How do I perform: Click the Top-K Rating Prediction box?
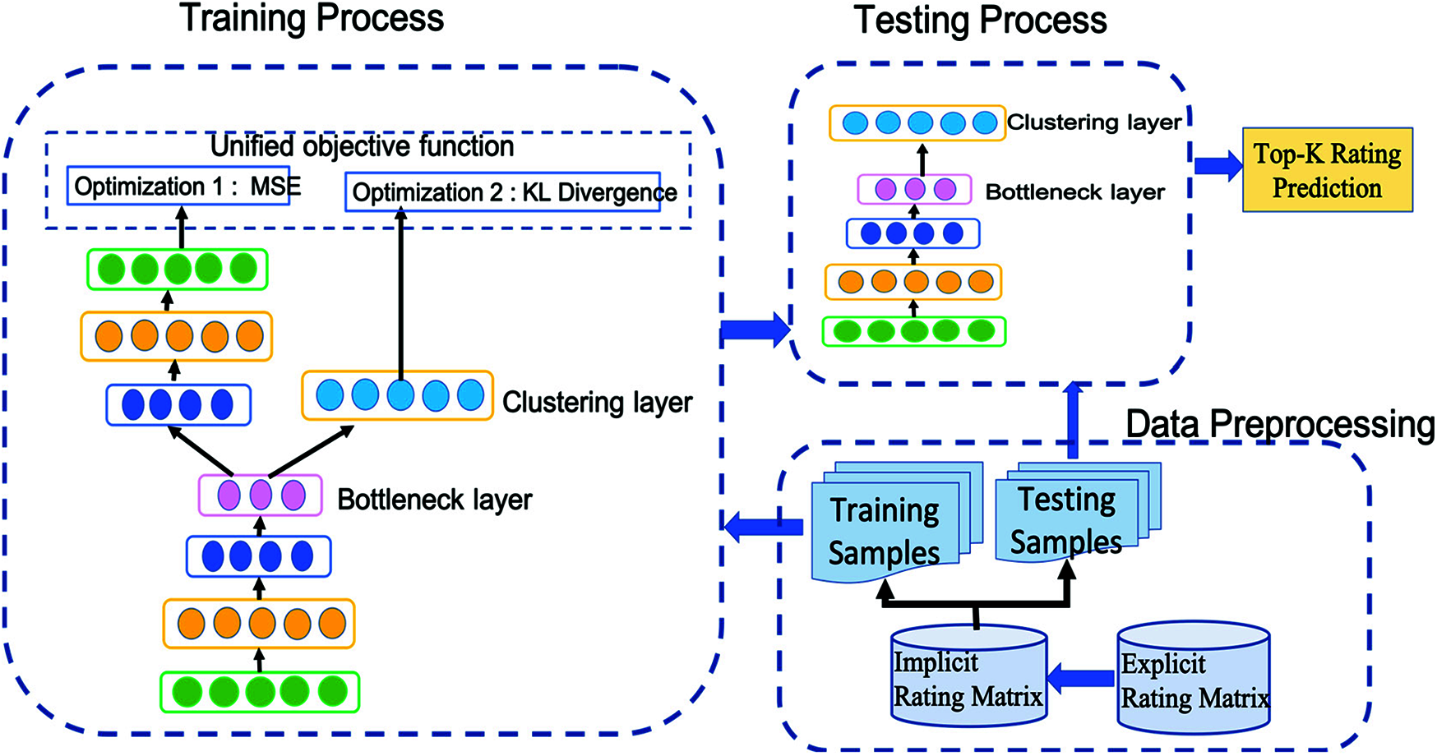1327,170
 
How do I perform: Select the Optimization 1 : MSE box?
178,187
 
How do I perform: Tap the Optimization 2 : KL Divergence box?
503,191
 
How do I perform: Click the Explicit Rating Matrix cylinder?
1194,678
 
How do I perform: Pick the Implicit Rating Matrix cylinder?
968,678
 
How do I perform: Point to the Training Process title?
312,18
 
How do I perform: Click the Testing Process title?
980,20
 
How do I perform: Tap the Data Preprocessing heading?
1279,424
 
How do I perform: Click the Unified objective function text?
362,146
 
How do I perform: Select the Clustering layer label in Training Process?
597,403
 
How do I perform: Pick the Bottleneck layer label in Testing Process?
1074,192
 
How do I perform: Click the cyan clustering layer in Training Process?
397,395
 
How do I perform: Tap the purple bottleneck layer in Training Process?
260,496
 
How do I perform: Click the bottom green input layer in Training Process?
259,692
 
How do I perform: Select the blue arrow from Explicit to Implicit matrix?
1081,678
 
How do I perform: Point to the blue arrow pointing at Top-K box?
1218,165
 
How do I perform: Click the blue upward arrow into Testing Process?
1073,419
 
